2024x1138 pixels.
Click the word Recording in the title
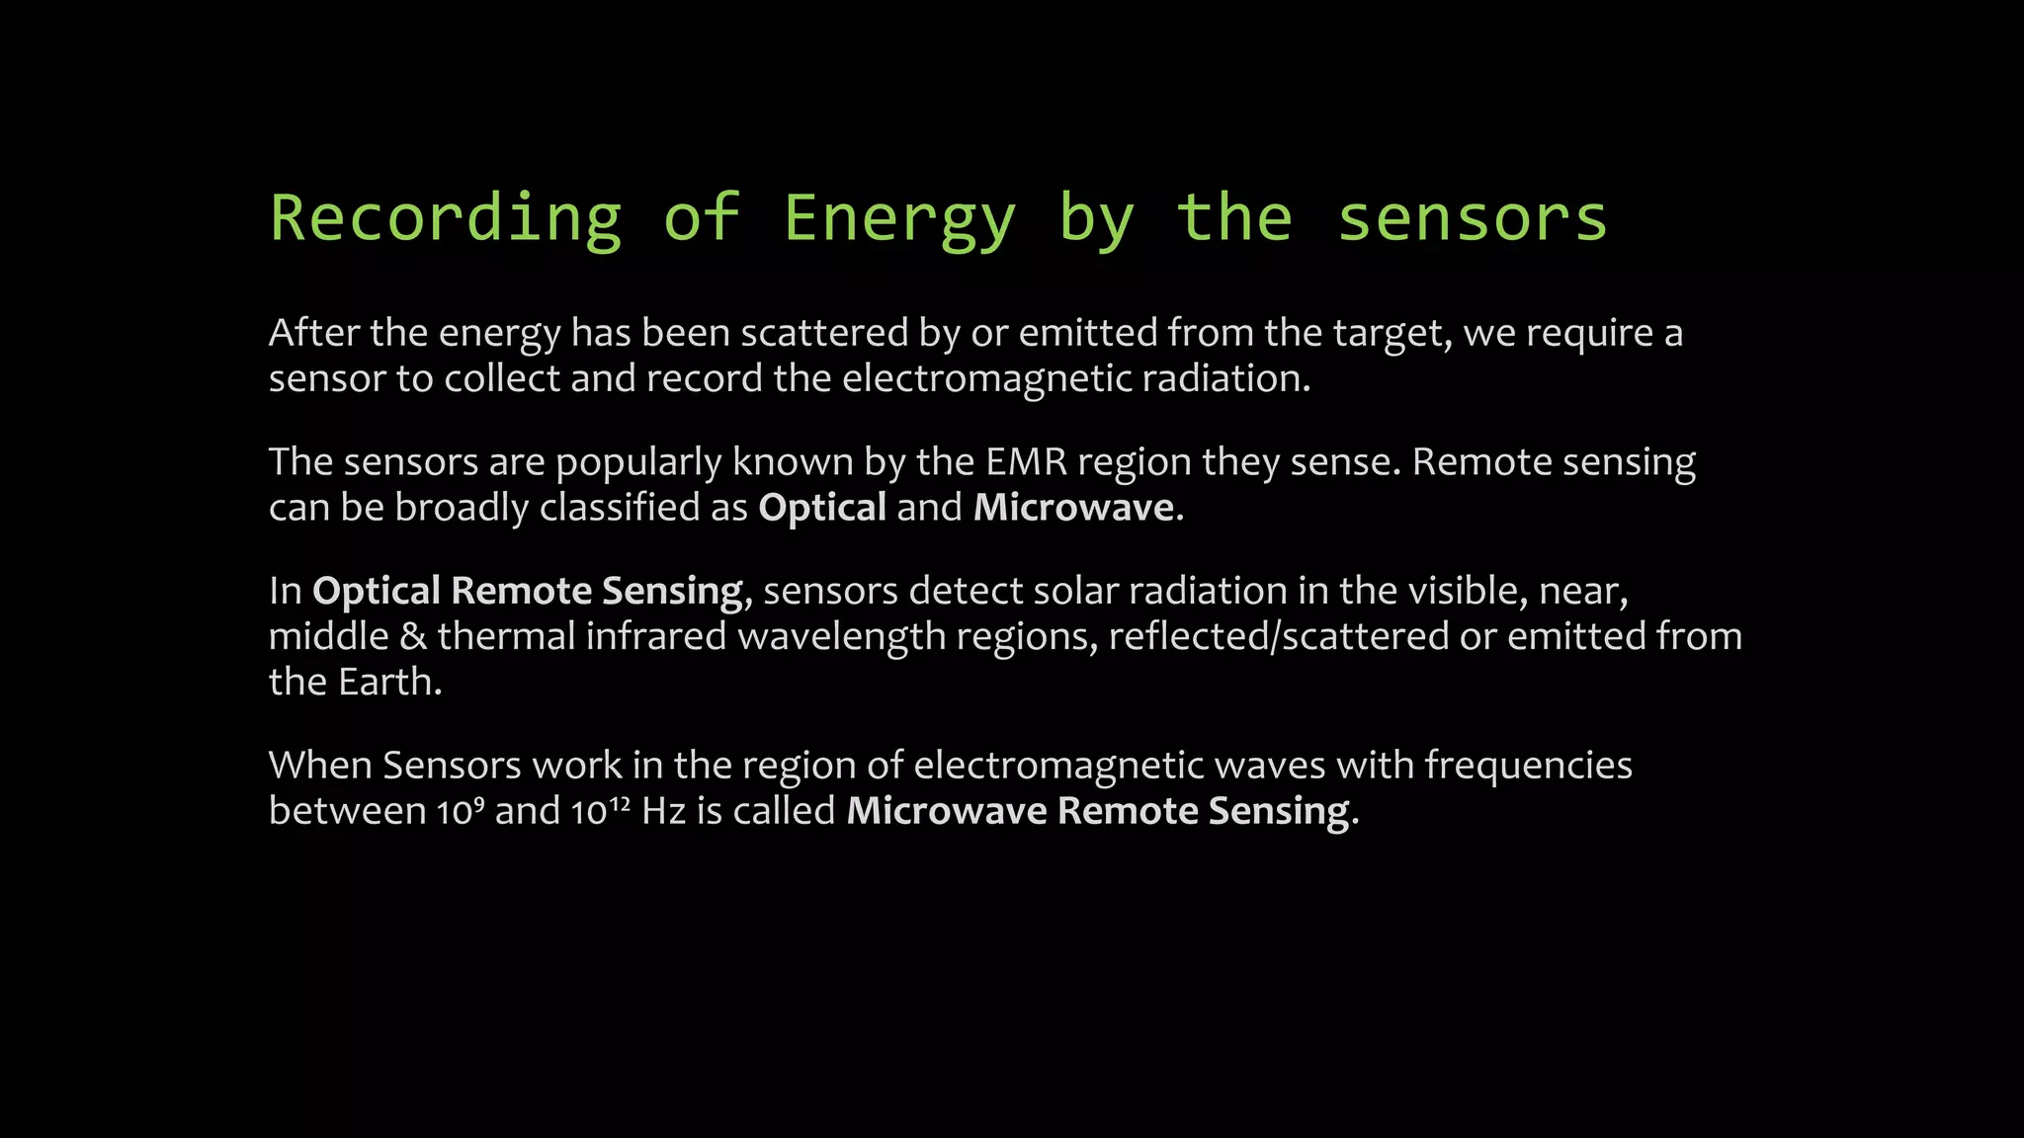click(446, 219)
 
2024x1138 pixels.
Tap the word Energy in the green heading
click(899, 219)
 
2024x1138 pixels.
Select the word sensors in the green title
click(1472, 219)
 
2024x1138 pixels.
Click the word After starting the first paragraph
click(314, 333)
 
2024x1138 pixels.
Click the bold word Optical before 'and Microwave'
click(822, 508)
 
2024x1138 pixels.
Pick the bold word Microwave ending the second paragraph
click(1073, 508)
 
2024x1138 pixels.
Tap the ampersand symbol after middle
click(413, 636)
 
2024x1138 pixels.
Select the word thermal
click(506, 636)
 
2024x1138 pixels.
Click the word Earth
click(388, 682)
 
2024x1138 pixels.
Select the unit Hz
click(663, 811)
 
